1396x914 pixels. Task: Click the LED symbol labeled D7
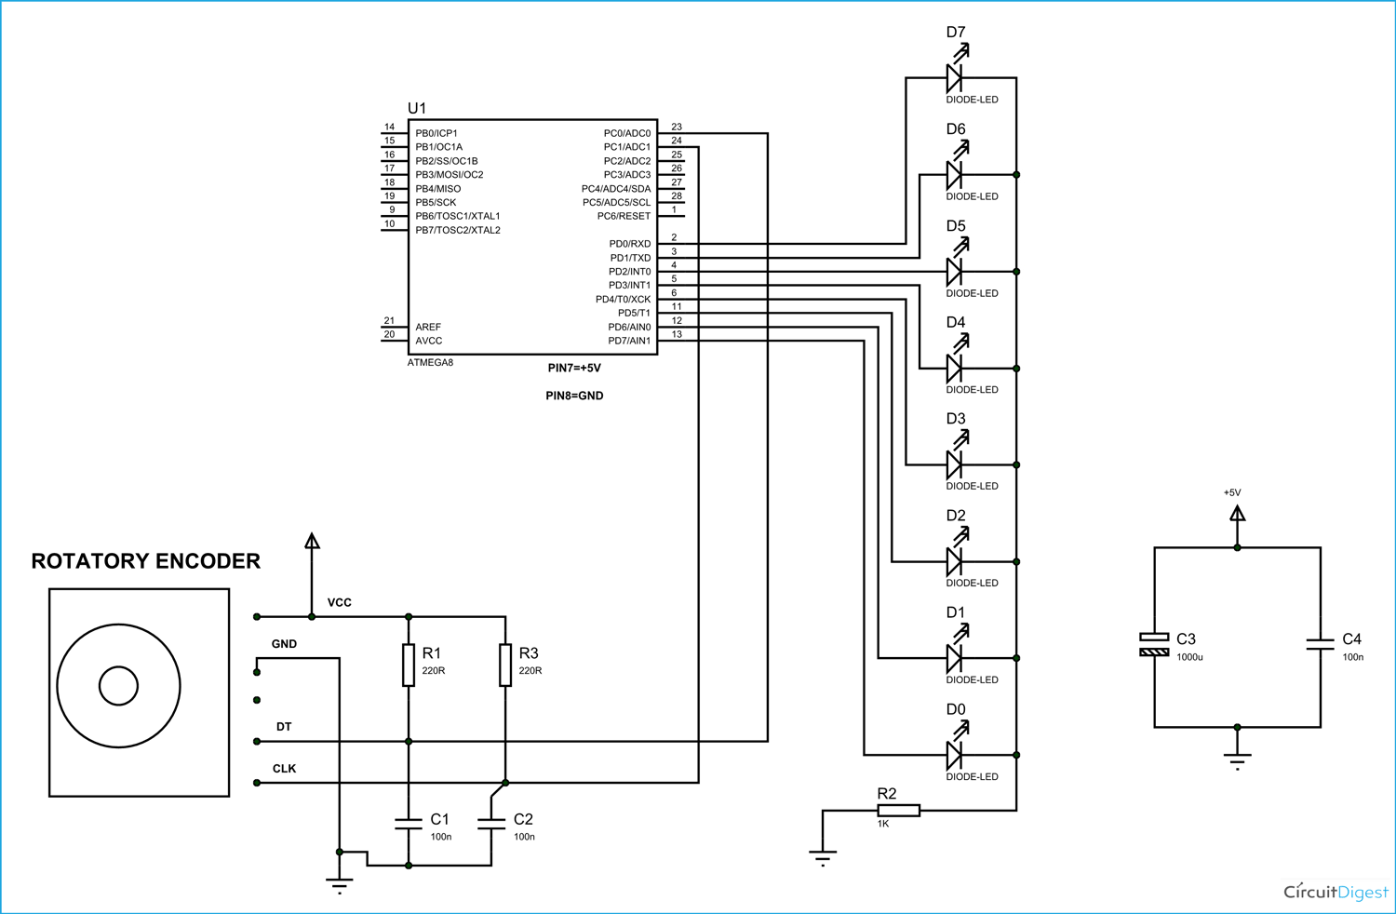954,77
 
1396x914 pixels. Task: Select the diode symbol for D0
954,755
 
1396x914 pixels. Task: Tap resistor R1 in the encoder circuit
409,665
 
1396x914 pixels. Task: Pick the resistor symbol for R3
505,665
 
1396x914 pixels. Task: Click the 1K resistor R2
898,811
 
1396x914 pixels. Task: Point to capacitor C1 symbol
409,823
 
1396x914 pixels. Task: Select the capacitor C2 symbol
490,823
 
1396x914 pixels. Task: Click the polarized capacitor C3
1154,644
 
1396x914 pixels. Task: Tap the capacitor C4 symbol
1320,643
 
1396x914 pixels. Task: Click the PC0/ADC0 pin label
626,133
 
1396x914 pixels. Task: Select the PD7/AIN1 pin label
629,341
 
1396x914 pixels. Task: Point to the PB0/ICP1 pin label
436,133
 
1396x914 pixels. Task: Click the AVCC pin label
429,341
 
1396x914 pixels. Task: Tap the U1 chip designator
417,108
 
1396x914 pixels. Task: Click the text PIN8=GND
574,396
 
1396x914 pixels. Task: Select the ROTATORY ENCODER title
146,561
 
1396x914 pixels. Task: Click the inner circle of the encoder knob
118,686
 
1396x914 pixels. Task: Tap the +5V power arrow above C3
1237,513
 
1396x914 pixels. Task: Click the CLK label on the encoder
284,769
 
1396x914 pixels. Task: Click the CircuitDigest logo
1336,892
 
